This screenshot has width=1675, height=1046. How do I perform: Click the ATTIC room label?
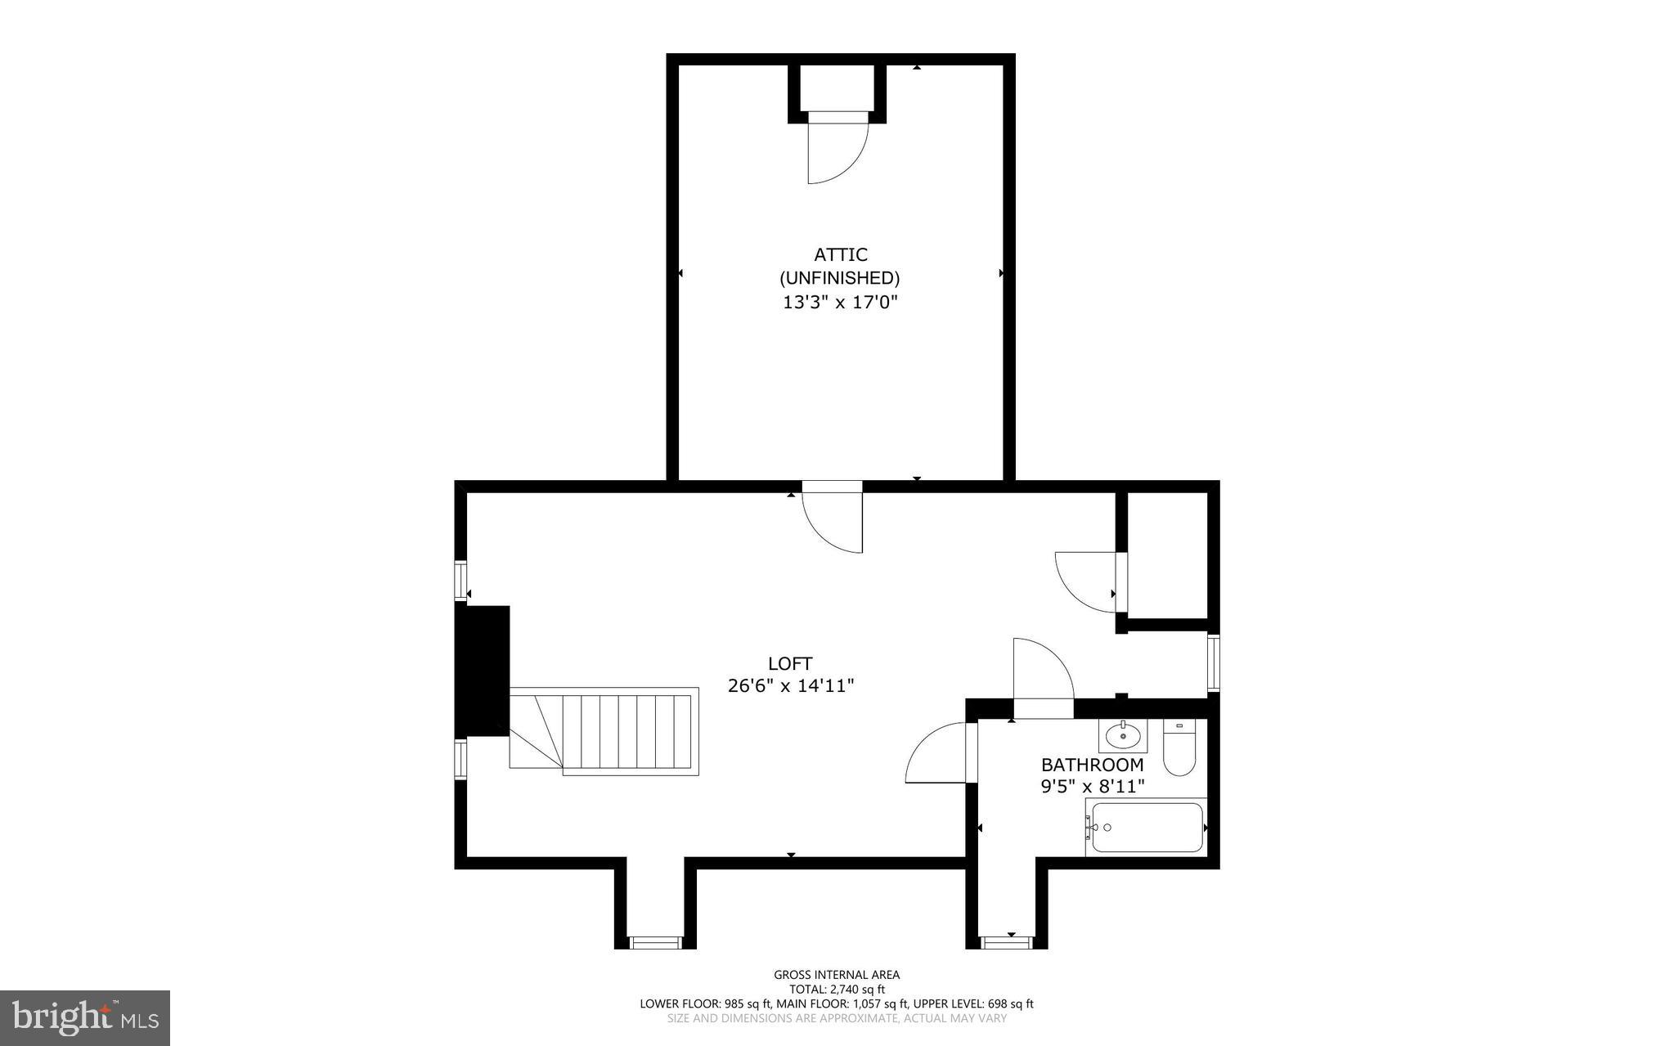(x=840, y=255)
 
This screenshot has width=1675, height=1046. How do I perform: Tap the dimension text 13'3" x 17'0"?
(x=840, y=303)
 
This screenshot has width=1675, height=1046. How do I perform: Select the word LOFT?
(x=790, y=663)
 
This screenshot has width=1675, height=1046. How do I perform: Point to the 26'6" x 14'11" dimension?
(x=790, y=686)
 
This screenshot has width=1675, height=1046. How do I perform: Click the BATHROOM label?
(x=1092, y=765)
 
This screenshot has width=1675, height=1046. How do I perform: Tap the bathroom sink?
(x=1123, y=736)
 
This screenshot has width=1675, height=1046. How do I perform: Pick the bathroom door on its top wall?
(x=1043, y=675)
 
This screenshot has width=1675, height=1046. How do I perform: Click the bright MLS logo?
(x=85, y=1017)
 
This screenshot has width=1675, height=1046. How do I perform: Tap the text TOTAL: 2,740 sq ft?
(x=837, y=989)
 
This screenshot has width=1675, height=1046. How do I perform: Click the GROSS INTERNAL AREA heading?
(x=837, y=974)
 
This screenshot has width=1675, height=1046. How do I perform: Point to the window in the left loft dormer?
(x=655, y=943)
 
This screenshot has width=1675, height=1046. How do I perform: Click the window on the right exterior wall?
(x=1213, y=663)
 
